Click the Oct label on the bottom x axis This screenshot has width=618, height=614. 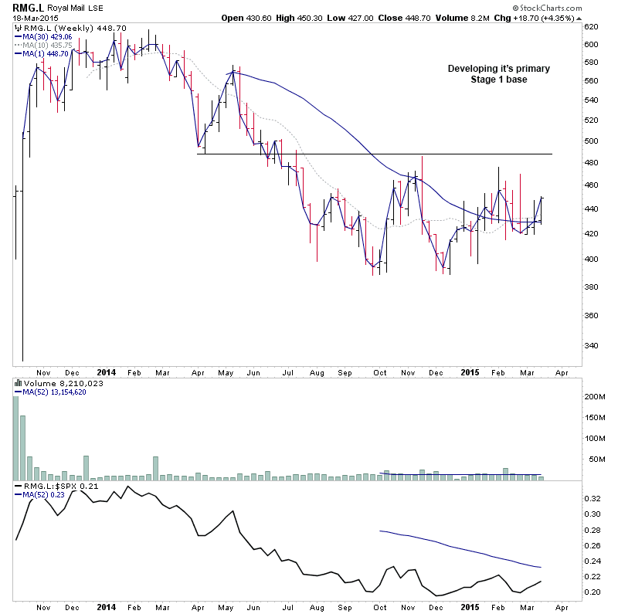pyautogui.click(x=380, y=608)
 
